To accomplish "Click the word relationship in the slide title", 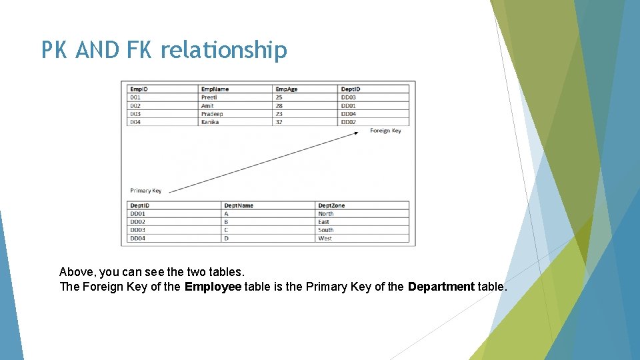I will [223, 51].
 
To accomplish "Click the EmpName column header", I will [215, 89].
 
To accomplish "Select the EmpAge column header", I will [287, 89].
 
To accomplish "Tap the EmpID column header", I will [139, 89].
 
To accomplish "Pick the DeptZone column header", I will [331, 205].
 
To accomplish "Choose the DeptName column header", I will [239, 205].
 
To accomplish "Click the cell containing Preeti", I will [209, 97].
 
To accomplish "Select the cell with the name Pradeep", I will [212, 114].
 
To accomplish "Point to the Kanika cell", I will [210, 122].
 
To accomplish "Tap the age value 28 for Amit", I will [279, 106].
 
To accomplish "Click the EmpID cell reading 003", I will [135, 114].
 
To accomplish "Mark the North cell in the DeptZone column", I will [326, 214].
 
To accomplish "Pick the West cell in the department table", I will [325, 238].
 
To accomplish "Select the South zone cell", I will [325, 230].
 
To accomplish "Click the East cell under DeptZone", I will [324, 222].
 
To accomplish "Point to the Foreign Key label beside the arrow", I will [385, 131].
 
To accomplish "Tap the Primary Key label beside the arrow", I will [145, 191].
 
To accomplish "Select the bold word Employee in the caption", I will [213, 287].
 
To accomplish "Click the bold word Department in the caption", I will [441, 287].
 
